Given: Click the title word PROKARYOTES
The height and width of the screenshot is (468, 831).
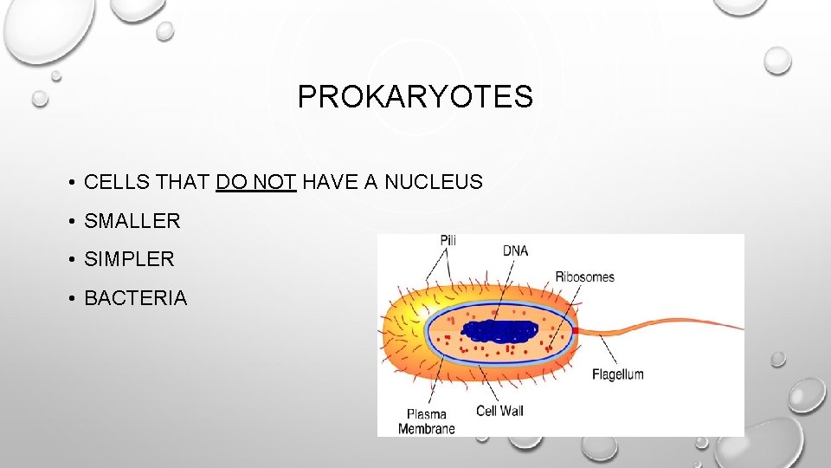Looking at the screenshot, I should click(x=415, y=97).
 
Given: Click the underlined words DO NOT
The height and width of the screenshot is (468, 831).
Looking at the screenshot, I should click(x=257, y=182).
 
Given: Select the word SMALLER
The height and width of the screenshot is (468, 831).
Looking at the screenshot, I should click(x=132, y=221).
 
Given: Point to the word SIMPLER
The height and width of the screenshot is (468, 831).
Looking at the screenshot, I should click(x=129, y=259).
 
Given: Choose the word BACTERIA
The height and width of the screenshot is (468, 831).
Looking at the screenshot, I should click(x=135, y=298).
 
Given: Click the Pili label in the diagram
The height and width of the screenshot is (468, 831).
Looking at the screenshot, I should click(x=448, y=239).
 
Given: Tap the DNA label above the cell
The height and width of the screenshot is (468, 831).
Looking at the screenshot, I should click(x=515, y=251).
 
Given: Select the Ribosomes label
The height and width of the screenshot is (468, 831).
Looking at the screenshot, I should click(x=584, y=277).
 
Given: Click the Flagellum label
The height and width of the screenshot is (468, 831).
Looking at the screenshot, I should click(x=617, y=374).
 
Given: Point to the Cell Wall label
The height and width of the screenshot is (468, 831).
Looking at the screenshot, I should click(x=499, y=410).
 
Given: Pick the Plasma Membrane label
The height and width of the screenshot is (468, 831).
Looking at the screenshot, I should click(x=426, y=420).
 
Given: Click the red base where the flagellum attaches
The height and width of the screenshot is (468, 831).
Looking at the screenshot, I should click(x=575, y=330).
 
